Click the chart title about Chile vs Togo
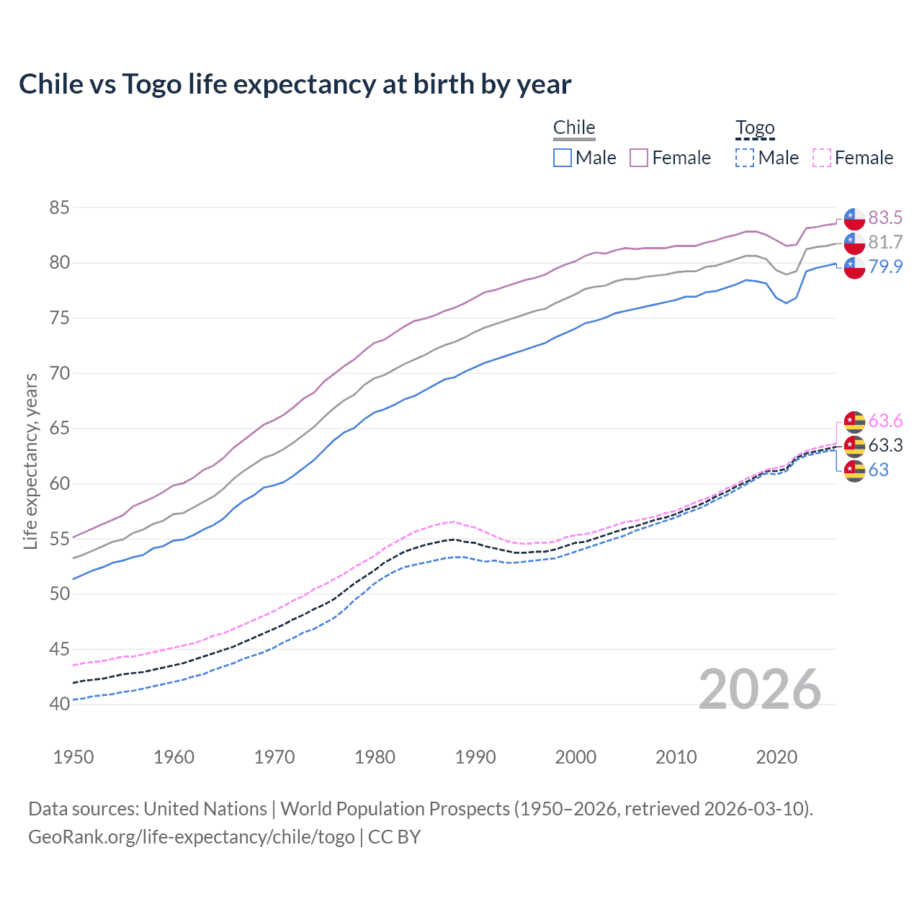click(x=295, y=84)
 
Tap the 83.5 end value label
click(x=885, y=218)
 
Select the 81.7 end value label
click(x=885, y=242)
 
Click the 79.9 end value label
click(x=885, y=267)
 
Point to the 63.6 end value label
click(x=885, y=421)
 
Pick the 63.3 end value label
click(x=885, y=445)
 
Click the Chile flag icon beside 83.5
click(x=854, y=218)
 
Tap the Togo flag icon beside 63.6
click(x=854, y=421)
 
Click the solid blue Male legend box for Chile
click(x=563, y=158)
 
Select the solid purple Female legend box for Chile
click(x=639, y=158)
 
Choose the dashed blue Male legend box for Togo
click(x=745, y=158)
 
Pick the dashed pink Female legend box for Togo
click(x=822, y=158)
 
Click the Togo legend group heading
click(x=755, y=128)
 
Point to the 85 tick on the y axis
click(x=60, y=208)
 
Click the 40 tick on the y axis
click(x=60, y=704)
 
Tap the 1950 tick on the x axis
click(x=73, y=757)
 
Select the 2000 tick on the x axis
click(x=576, y=757)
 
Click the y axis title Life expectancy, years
click(x=30, y=461)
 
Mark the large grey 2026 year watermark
click(x=759, y=690)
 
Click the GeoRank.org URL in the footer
click(x=191, y=837)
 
